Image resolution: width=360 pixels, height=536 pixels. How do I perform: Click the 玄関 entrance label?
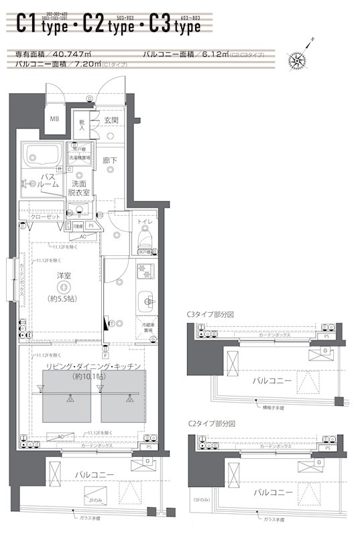111,120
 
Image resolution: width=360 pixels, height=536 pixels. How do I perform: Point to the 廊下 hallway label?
110,161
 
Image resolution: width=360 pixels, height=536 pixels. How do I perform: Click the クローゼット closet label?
46,217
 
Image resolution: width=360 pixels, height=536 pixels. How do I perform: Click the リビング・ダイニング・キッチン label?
92,366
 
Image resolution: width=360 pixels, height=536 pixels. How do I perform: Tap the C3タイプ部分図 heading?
211,314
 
